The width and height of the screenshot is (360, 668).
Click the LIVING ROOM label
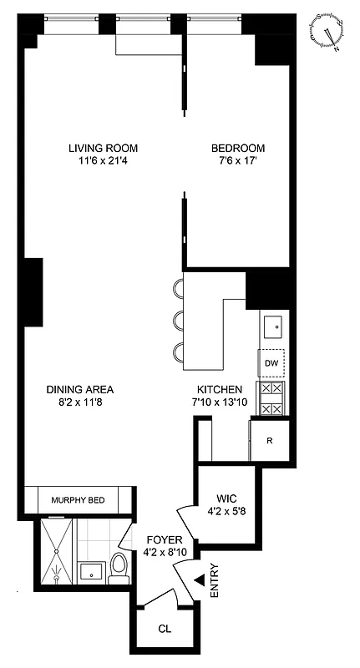[103, 149]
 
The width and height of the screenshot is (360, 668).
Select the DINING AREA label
[79, 389]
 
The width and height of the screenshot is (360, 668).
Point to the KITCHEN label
[219, 389]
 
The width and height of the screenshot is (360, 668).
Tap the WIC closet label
[225, 498]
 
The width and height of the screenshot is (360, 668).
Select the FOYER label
[161, 539]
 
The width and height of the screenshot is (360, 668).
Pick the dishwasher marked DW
[271, 363]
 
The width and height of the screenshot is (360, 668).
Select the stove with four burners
[272, 398]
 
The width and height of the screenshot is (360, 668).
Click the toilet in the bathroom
[119, 569]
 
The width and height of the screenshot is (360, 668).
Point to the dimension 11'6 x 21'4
[103, 163]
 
